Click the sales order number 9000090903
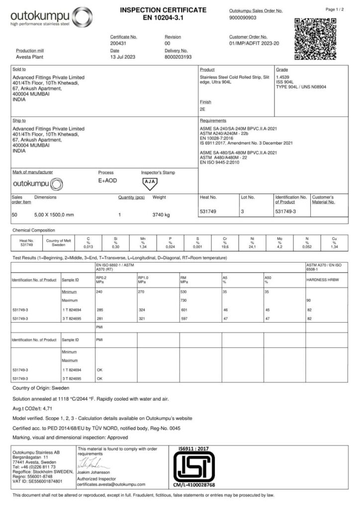click(243, 17)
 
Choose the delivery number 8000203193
click(178, 57)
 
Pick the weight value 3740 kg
click(161, 215)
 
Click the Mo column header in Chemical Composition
click(279, 239)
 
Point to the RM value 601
click(184, 310)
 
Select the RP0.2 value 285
click(99, 310)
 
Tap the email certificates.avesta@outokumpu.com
click(111, 484)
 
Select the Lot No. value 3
click(243, 212)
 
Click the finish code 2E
click(202, 108)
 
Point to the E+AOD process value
click(108, 180)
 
